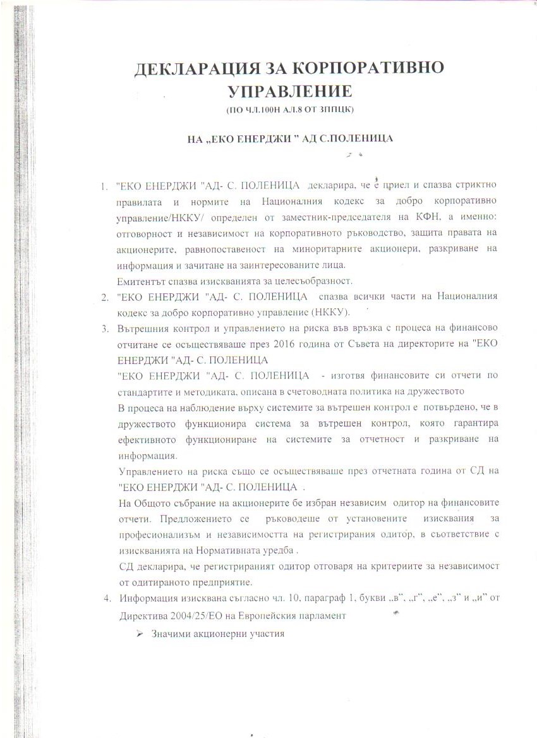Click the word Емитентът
click(142, 281)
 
